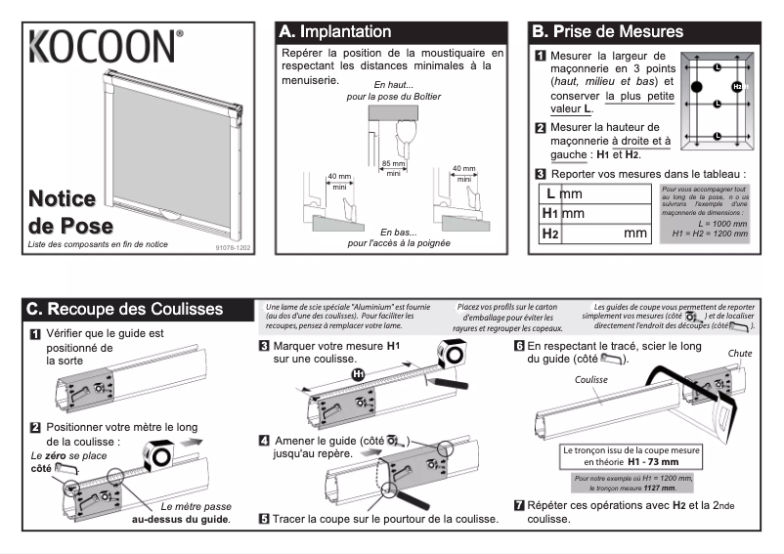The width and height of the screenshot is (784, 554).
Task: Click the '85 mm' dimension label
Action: click(393, 163)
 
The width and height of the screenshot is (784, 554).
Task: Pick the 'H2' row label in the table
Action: click(549, 234)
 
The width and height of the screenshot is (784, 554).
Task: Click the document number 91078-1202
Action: click(233, 248)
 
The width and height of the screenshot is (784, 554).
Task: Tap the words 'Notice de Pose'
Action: click(62, 212)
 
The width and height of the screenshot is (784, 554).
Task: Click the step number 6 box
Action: click(519, 346)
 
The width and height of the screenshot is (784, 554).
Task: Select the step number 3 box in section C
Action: click(264, 346)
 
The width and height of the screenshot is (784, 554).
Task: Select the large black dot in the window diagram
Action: click(697, 88)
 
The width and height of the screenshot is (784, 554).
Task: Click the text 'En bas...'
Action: click(398, 233)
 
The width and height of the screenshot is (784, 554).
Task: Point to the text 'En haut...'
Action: click(394, 85)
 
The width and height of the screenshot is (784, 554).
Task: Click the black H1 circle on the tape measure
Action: click(358, 374)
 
